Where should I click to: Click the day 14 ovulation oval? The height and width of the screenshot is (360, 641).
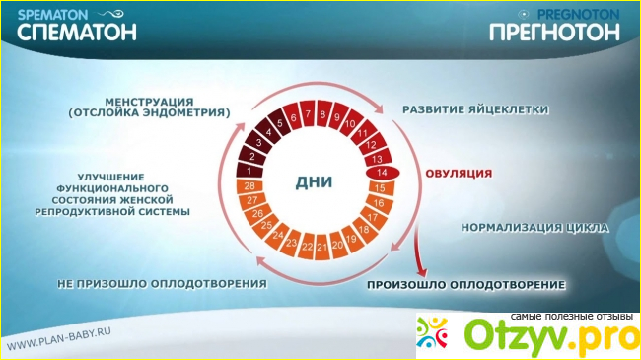coord(383,173)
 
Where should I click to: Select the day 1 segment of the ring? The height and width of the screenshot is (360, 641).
coord(249,170)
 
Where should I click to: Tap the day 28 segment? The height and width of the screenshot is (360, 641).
coord(249,186)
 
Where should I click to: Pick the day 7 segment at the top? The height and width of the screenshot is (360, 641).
coord(308,114)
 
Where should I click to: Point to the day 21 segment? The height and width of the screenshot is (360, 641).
coord(322,247)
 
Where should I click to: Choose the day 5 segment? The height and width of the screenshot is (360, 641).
coord(280,123)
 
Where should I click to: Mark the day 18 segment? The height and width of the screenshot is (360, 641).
coord(364,230)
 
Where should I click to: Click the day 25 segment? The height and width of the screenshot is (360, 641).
coord(266,225)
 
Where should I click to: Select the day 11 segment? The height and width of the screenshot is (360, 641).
coord(363,132)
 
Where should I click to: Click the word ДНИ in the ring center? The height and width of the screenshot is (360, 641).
coord(314,182)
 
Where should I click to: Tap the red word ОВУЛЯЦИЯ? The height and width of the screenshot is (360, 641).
coord(459,174)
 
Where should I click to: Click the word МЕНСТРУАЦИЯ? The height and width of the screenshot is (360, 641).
coord(149,102)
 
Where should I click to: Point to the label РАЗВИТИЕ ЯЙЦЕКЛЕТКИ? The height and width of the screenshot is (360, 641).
coord(475,109)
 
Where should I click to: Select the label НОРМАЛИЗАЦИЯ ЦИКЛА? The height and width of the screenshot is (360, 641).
coord(535,228)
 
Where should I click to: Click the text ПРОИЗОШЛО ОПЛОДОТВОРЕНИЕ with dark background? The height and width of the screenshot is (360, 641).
coord(466,285)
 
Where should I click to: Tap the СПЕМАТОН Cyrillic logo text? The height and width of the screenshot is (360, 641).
coord(77,32)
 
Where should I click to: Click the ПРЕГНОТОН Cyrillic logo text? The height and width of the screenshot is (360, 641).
coord(555,32)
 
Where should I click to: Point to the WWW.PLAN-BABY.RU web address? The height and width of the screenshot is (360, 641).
coord(58,339)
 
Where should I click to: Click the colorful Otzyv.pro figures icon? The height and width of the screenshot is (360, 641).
coord(432,333)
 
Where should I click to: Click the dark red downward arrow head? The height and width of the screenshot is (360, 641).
coord(422,272)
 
